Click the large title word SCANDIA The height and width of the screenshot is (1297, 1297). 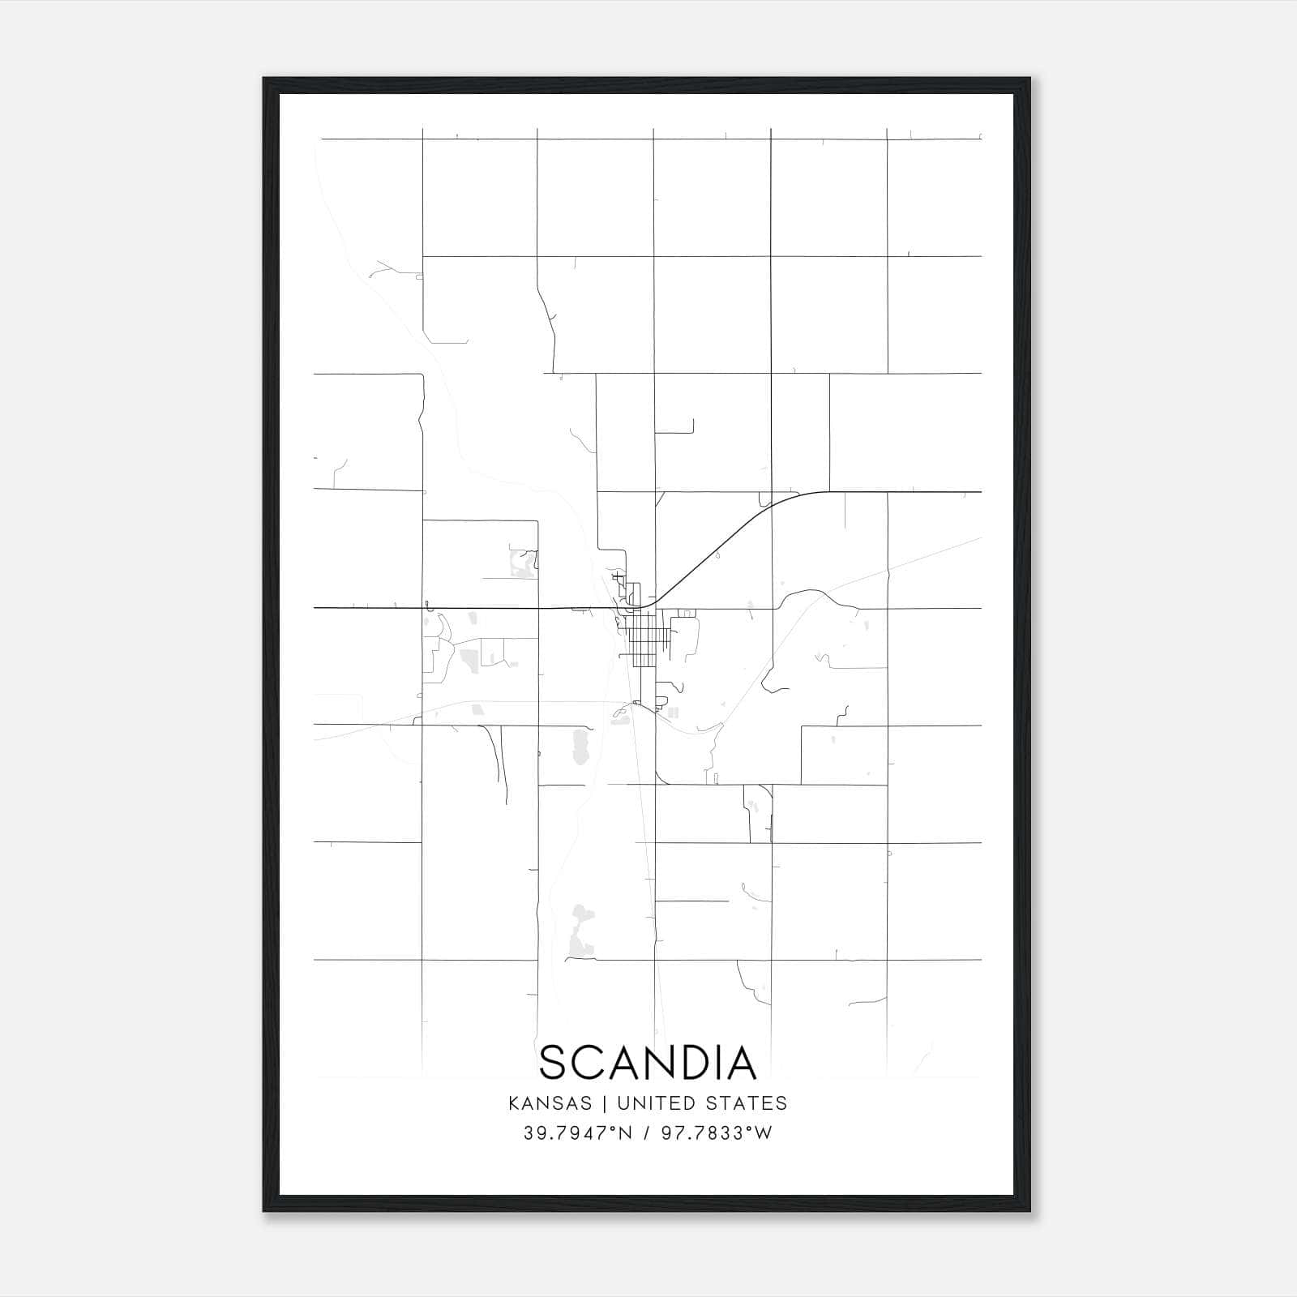click(648, 1063)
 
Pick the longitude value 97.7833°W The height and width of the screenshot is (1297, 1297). click(717, 1133)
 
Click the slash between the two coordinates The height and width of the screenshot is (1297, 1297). click(645, 1133)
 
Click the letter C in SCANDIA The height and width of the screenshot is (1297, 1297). click(589, 1063)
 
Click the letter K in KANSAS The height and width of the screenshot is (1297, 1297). click(514, 1103)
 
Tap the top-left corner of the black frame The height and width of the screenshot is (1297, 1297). click(264, 79)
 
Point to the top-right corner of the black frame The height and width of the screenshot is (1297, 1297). click(1029, 79)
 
